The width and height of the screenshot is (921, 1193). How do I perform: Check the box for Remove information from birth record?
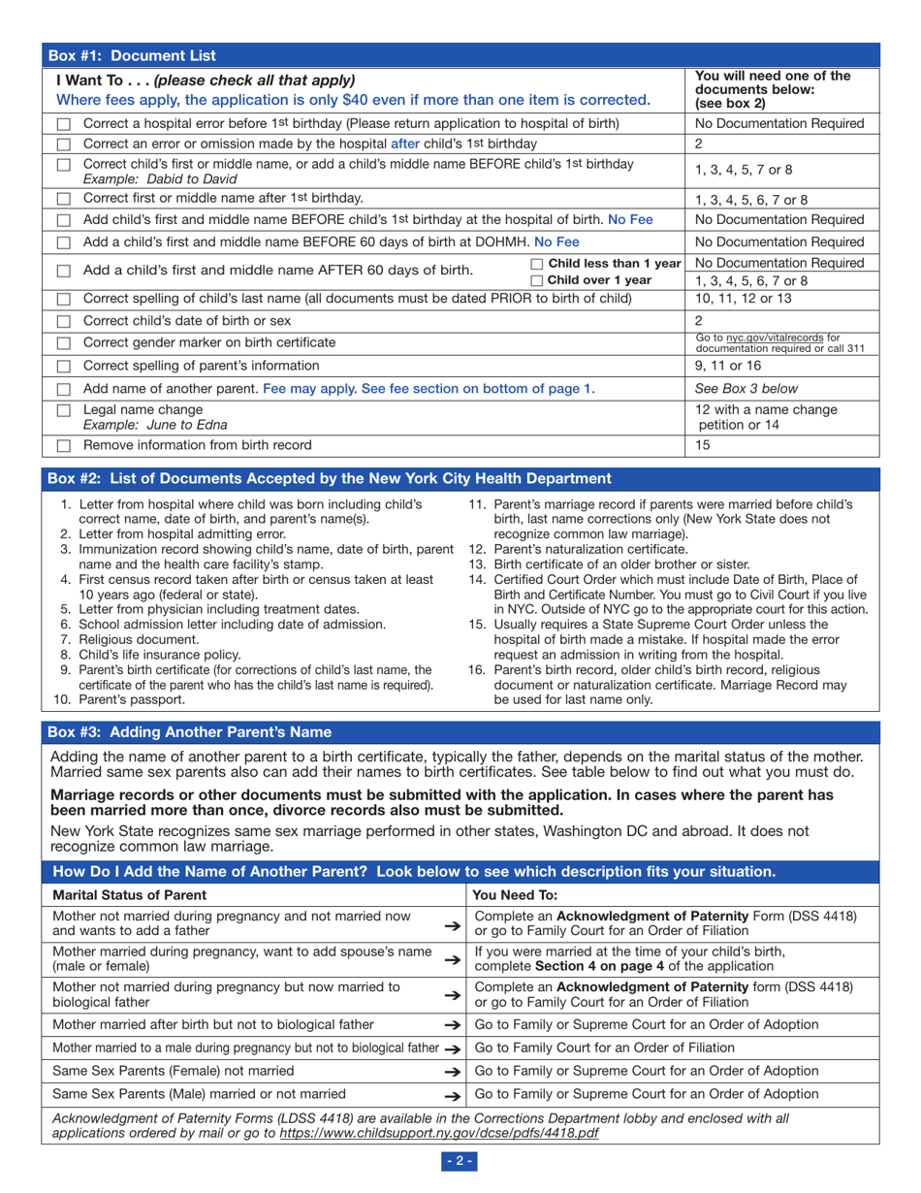(x=63, y=446)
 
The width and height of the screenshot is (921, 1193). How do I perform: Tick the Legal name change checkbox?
(x=63, y=410)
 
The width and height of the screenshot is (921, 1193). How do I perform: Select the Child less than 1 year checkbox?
(x=538, y=264)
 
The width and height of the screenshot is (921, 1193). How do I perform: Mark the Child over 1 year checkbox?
(x=538, y=280)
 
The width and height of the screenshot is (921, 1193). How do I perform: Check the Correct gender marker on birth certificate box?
(x=63, y=342)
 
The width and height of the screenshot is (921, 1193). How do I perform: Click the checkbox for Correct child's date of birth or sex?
(x=63, y=320)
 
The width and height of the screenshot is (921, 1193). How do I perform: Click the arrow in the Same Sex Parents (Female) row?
(x=450, y=1071)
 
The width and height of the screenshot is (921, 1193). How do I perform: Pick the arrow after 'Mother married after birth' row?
(x=450, y=1024)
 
